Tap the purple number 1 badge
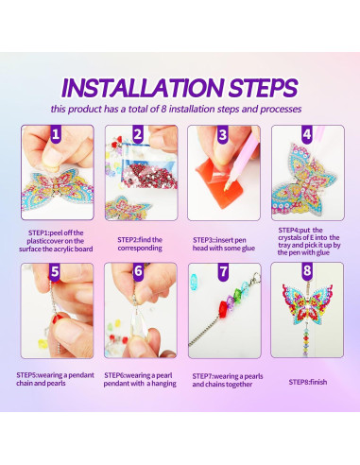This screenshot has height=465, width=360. tap(55, 136)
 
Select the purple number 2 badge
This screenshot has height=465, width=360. tap(137, 136)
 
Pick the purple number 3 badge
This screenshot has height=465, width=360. tap(222, 136)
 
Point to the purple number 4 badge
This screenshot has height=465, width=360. tap(305, 136)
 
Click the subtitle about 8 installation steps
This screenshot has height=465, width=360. tap(180, 110)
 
